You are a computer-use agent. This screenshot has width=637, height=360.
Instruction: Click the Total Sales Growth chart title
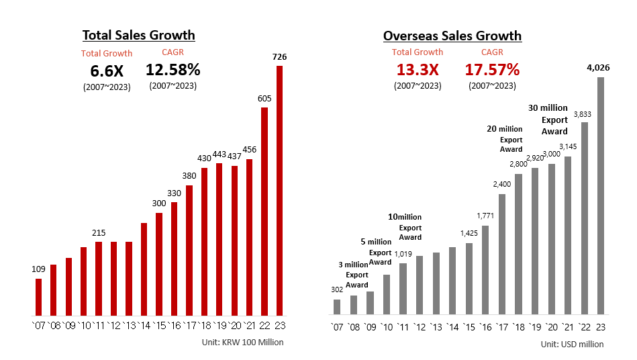click(x=138, y=35)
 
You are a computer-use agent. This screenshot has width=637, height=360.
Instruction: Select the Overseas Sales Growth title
click(x=452, y=36)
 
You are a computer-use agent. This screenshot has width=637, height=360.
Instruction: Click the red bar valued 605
click(x=264, y=211)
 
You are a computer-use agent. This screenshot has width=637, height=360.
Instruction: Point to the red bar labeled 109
click(x=38, y=297)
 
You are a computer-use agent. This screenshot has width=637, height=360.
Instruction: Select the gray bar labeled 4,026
click(x=600, y=195)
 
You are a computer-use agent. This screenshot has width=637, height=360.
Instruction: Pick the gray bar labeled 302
click(x=337, y=307)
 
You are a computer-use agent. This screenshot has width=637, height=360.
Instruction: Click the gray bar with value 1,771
click(x=485, y=270)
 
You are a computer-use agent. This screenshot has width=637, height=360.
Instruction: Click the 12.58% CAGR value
click(x=173, y=69)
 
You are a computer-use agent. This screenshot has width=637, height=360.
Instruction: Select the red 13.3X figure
click(x=417, y=70)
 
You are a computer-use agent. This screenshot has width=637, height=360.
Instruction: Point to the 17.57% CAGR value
click(x=492, y=69)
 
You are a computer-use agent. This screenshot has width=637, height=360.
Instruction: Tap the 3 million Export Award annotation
click(x=354, y=275)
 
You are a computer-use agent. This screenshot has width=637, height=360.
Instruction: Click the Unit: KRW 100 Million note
click(x=242, y=342)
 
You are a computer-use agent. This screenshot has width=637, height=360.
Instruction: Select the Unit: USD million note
click(x=572, y=344)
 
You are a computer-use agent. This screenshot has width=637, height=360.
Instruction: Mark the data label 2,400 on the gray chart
click(x=502, y=184)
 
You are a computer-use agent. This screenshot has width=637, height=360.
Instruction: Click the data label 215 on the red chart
click(x=99, y=232)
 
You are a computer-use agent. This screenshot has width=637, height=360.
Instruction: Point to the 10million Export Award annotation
click(x=405, y=227)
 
